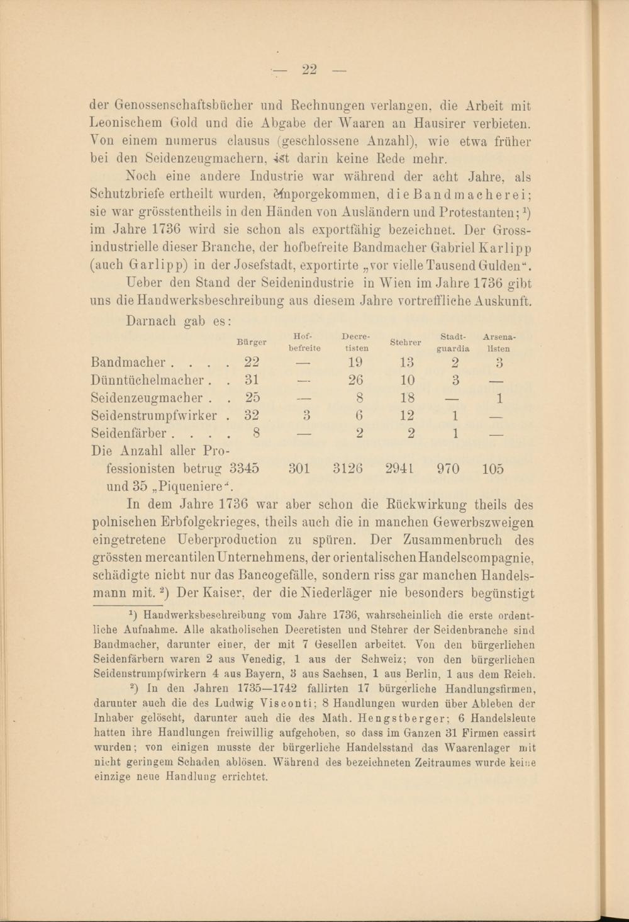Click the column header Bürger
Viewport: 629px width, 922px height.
pyautogui.click(x=251, y=342)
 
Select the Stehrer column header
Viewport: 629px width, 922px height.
pyautogui.click(x=405, y=342)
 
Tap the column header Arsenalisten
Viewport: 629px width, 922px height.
pyautogui.click(x=499, y=342)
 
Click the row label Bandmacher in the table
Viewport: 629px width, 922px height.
pyautogui.click(x=128, y=363)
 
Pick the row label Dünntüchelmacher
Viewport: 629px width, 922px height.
pyautogui.click(x=148, y=380)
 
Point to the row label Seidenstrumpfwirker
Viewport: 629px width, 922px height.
pyautogui.click(x=154, y=415)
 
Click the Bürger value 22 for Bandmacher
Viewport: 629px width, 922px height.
pyautogui.click(x=252, y=363)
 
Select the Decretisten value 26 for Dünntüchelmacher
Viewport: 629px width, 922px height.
pyautogui.click(x=355, y=380)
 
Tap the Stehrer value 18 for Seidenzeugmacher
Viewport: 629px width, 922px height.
pyautogui.click(x=407, y=398)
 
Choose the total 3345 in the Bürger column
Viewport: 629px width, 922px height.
pyautogui.click(x=245, y=469)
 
